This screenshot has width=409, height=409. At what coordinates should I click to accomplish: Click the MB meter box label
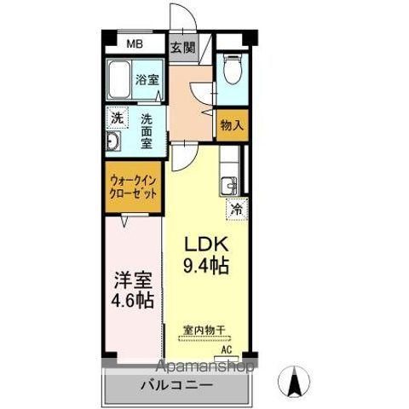135,46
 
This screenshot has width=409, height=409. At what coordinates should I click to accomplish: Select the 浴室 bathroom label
147,80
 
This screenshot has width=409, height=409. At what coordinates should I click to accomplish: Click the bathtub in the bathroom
120,82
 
